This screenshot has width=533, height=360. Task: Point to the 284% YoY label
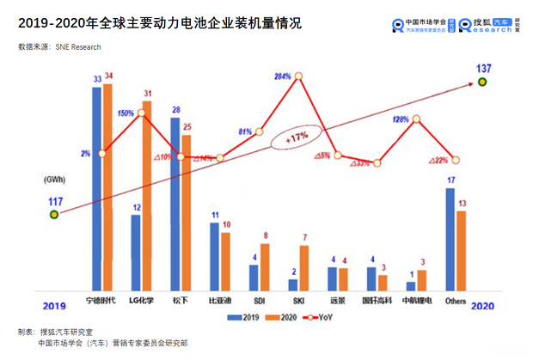pyautogui.click(x=283, y=77)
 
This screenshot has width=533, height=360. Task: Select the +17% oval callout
pyautogui.click(x=297, y=137)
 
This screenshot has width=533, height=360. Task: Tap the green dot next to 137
pyautogui.click(x=483, y=82)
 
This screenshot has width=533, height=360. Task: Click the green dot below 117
pyautogui.click(x=54, y=216)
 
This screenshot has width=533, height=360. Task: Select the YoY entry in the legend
pyautogui.click(x=320, y=317)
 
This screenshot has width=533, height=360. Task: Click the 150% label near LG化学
pyautogui.click(x=125, y=113)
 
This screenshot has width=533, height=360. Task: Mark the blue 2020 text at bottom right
pyautogui.click(x=482, y=305)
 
